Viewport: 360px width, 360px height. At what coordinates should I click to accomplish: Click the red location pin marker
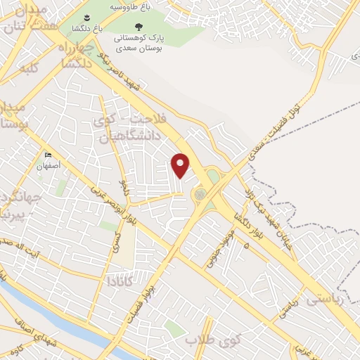(181, 165)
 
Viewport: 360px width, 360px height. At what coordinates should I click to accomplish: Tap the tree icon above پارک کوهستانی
(139, 26)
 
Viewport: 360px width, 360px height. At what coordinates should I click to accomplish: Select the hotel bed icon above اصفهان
(48, 155)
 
